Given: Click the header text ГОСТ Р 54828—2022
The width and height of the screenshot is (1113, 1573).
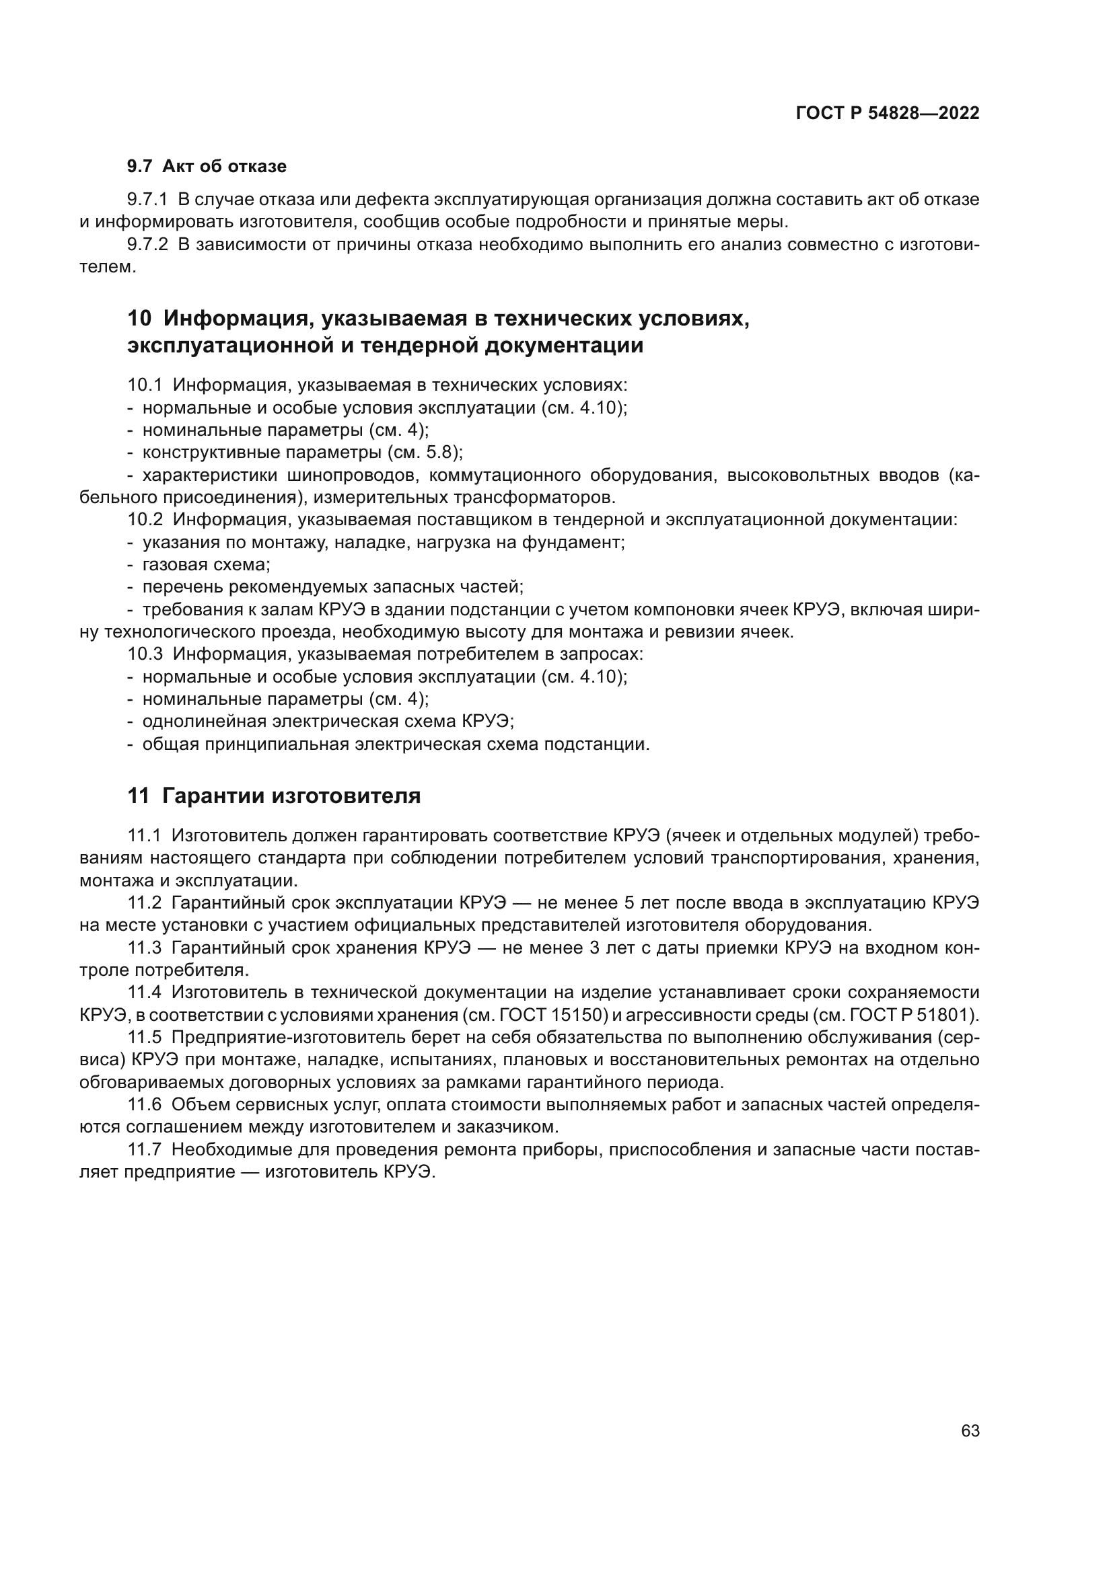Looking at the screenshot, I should [887, 114].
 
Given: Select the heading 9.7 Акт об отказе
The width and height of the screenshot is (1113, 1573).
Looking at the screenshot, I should [207, 167].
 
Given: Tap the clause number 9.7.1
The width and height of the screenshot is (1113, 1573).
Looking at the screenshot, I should [147, 200].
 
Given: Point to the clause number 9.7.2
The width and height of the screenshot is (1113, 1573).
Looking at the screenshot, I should [147, 245].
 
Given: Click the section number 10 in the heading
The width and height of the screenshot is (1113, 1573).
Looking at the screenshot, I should [139, 319].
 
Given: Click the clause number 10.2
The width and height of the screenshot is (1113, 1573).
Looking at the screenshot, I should [145, 520].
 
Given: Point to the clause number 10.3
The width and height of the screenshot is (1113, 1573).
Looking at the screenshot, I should [145, 654].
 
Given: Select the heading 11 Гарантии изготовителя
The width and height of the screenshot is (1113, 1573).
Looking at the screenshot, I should [274, 796].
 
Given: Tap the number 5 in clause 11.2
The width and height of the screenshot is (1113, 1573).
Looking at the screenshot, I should [629, 903].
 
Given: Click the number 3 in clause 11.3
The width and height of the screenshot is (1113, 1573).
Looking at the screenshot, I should [594, 948].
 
